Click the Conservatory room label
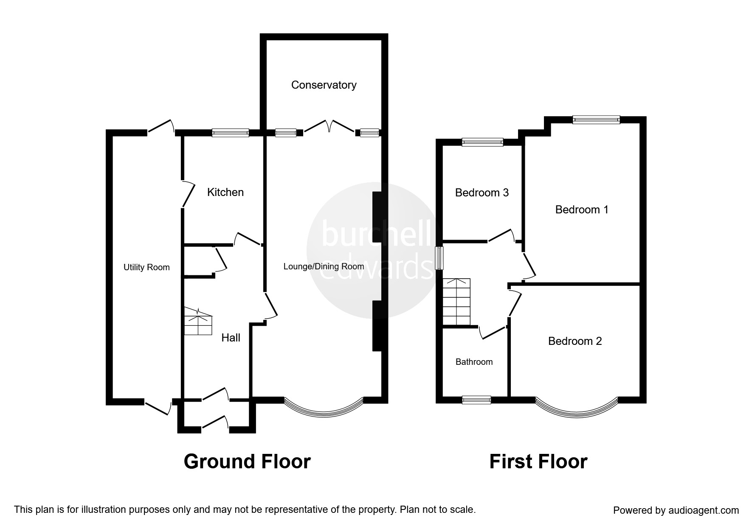[324, 85]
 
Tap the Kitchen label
[225, 192]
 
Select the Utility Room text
[146, 267]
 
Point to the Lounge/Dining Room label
[324, 266]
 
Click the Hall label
[231, 338]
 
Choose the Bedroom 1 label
[582, 210]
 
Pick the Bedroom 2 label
[575, 341]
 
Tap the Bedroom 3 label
[482, 193]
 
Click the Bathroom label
[474, 362]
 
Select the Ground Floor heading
[247, 461]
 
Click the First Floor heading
[538, 461]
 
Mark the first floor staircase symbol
[456, 302]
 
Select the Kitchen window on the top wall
[231, 133]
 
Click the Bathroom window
[476, 399]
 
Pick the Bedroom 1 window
[596, 120]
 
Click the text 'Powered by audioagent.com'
[676, 510]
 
